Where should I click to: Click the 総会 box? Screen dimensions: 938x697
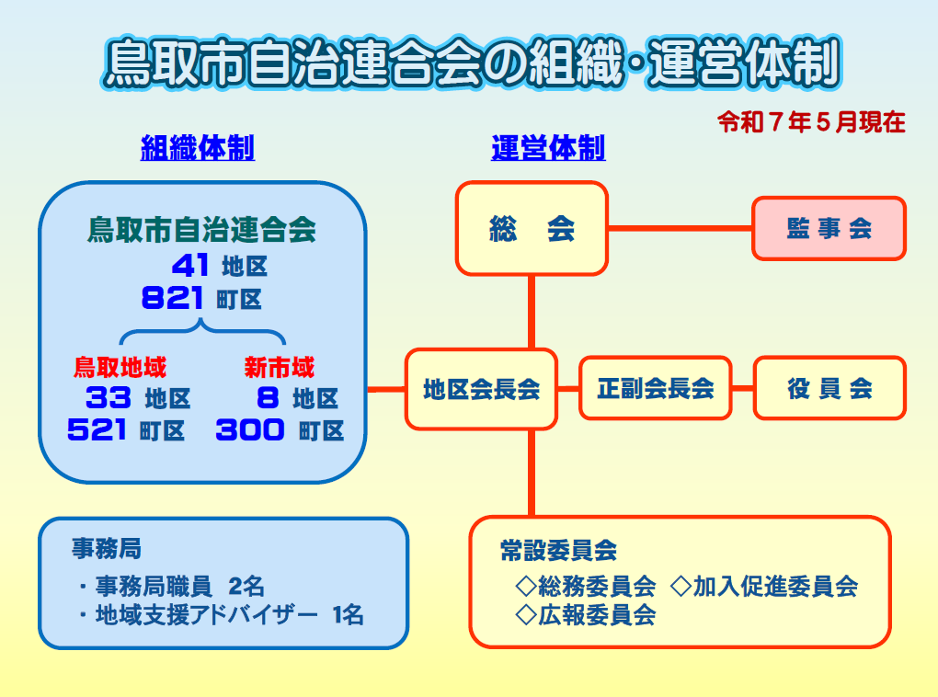(532, 229)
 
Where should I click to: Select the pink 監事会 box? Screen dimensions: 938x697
(829, 229)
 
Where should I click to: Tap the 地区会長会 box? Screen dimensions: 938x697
(482, 389)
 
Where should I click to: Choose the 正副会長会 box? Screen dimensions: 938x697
(656, 388)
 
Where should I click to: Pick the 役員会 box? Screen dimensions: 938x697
(829, 388)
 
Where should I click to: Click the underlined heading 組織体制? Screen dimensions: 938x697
(198, 148)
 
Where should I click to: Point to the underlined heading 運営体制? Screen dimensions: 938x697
(548, 148)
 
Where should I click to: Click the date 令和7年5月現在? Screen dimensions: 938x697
(811, 122)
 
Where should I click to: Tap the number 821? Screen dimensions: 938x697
(172, 298)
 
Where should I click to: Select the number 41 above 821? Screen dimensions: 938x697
(190, 266)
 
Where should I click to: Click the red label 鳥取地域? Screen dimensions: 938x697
(120, 367)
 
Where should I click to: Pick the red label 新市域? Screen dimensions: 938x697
(280, 367)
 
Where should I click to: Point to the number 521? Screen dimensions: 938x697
(97, 429)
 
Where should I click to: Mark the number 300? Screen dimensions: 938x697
(250, 429)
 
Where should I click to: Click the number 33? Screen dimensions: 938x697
(109, 397)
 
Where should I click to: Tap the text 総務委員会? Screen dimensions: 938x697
(597, 587)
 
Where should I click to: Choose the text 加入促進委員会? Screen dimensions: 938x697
(775, 587)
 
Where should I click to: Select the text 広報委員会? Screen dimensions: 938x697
(597, 615)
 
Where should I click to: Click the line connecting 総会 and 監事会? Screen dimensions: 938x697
(681, 228)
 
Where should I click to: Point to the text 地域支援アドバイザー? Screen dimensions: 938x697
(207, 615)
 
